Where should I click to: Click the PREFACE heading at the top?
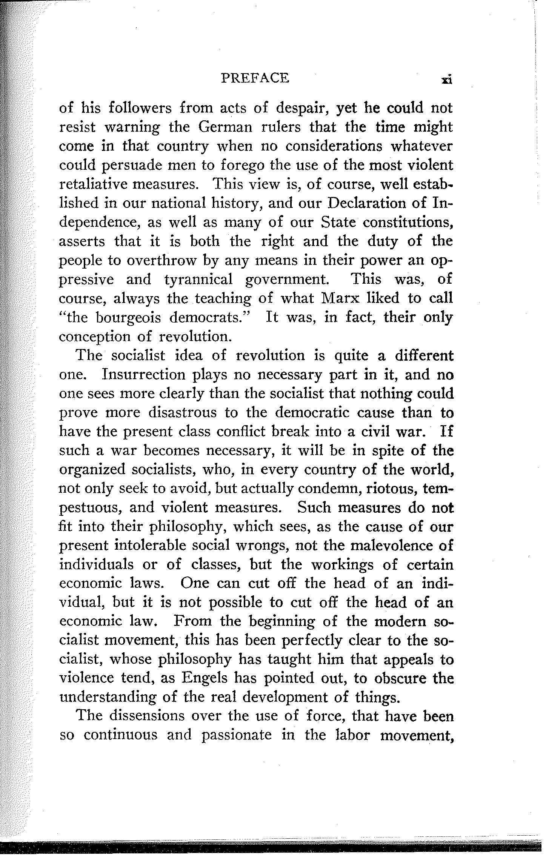pos(255,78)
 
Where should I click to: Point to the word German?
pos(225,128)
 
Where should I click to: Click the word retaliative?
pos(99,185)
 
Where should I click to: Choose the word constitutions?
pos(408,222)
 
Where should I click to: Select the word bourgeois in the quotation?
pos(129,318)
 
